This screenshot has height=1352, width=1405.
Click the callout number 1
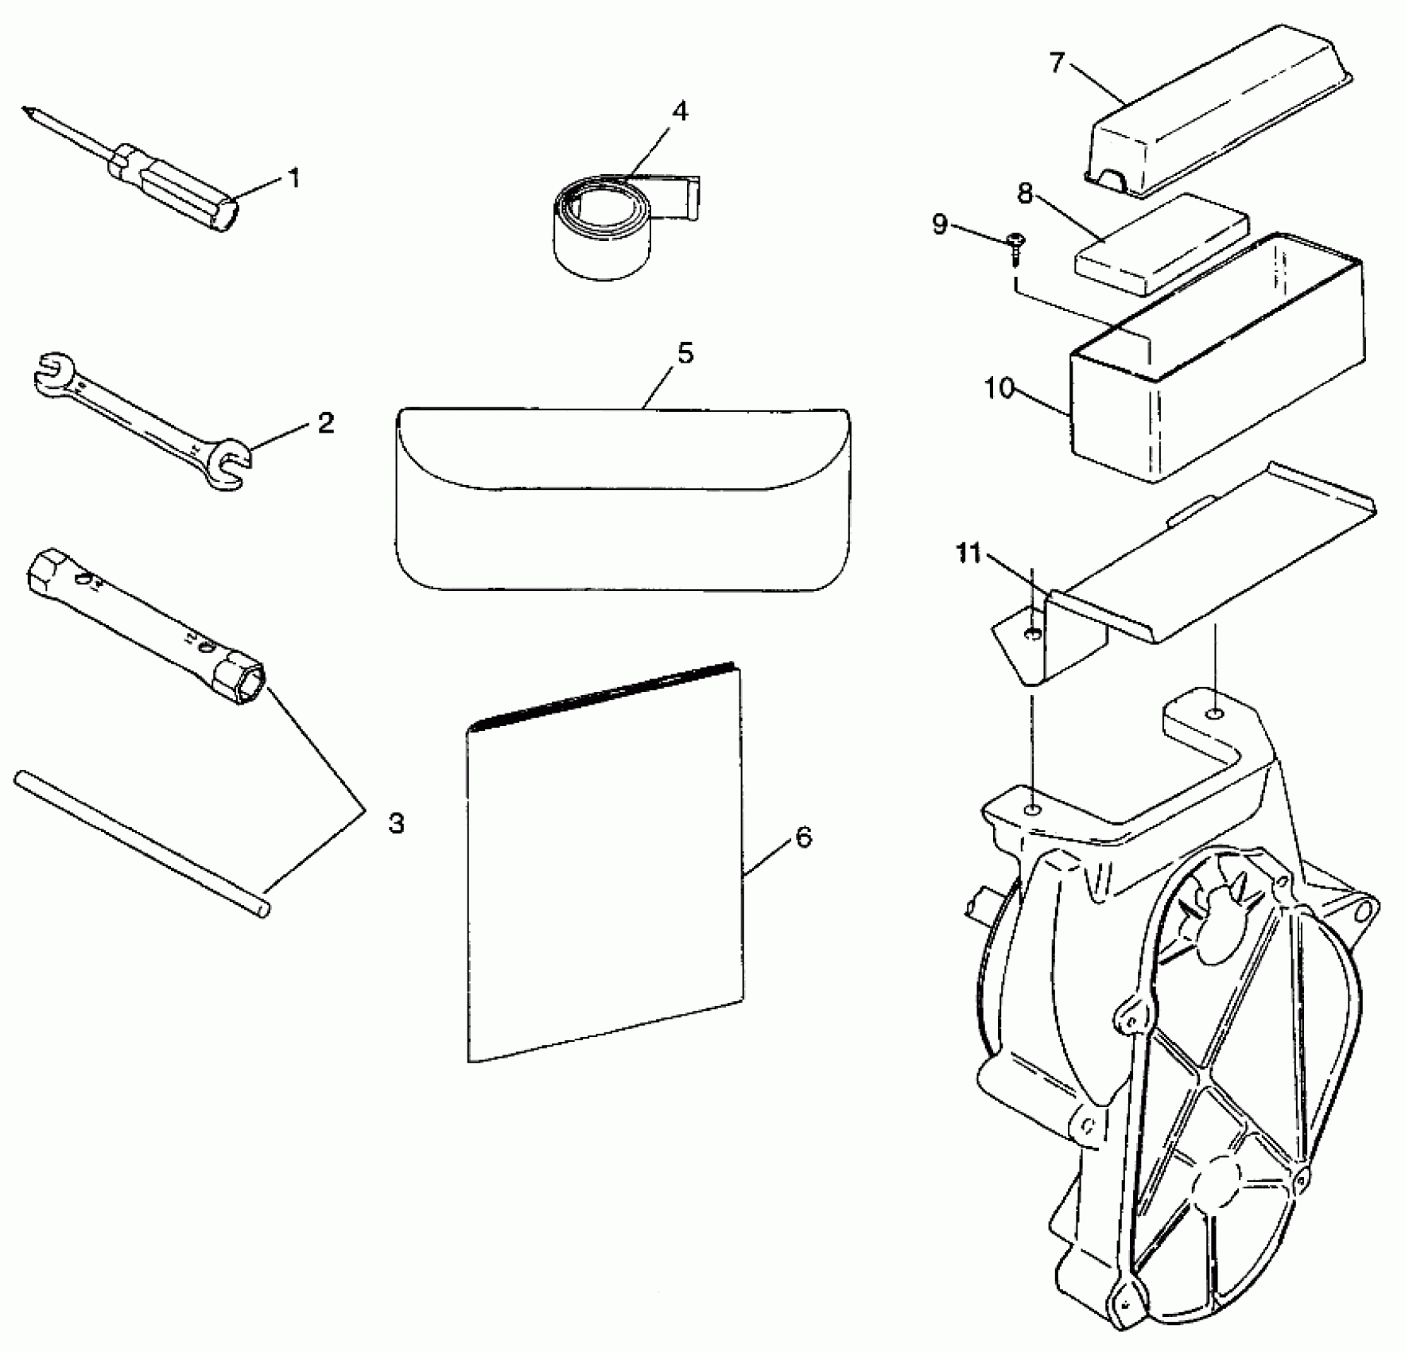(294, 178)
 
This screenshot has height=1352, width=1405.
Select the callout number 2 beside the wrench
(326, 423)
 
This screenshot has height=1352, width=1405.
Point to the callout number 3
(396, 823)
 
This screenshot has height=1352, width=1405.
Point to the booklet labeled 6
(604, 867)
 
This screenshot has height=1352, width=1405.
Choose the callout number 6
(804, 837)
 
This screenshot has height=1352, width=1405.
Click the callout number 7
(1057, 63)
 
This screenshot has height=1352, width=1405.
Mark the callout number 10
(999, 389)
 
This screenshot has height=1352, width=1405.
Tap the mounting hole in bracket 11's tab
(1031, 634)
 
